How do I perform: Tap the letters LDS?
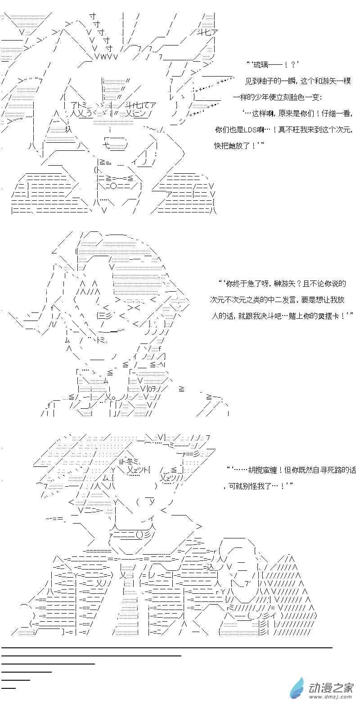pos(254,130)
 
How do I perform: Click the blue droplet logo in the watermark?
pos(297,689)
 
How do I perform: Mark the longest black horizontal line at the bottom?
pos(166,647)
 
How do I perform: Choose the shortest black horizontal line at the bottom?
pos(9,687)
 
